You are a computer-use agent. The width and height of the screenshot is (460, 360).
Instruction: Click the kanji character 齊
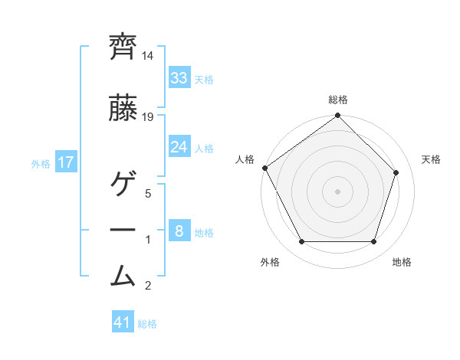tap(123, 47)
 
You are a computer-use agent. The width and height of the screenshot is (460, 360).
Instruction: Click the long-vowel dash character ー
tap(123, 230)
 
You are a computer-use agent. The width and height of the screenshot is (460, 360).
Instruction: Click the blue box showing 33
tap(179, 78)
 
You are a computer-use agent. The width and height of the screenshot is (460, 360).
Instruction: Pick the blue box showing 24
tap(179, 147)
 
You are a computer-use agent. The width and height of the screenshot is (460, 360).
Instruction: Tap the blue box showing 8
tap(179, 231)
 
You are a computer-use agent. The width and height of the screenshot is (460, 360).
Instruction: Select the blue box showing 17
tap(65, 162)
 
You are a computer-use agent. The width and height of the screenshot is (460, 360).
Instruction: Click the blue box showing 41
tap(123, 322)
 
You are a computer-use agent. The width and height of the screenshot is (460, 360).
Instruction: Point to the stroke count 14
tap(148, 56)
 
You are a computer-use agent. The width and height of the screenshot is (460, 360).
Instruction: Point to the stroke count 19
tap(148, 116)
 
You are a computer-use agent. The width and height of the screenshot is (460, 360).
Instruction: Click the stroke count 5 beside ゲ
tap(148, 194)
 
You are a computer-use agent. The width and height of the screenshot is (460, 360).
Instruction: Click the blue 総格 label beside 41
tap(147, 324)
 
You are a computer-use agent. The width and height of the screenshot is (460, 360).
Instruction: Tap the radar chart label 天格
tap(431, 159)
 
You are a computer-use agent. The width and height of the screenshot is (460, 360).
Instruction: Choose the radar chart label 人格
tap(245, 159)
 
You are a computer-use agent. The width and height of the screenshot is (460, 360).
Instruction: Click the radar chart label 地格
tap(402, 262)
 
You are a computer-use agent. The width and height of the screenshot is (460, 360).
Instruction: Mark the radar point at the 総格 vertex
tap(337, 116)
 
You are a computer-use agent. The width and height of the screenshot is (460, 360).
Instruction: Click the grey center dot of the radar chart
tap(337, 191)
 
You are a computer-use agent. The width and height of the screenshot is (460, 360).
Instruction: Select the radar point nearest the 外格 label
tap(301, 242)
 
